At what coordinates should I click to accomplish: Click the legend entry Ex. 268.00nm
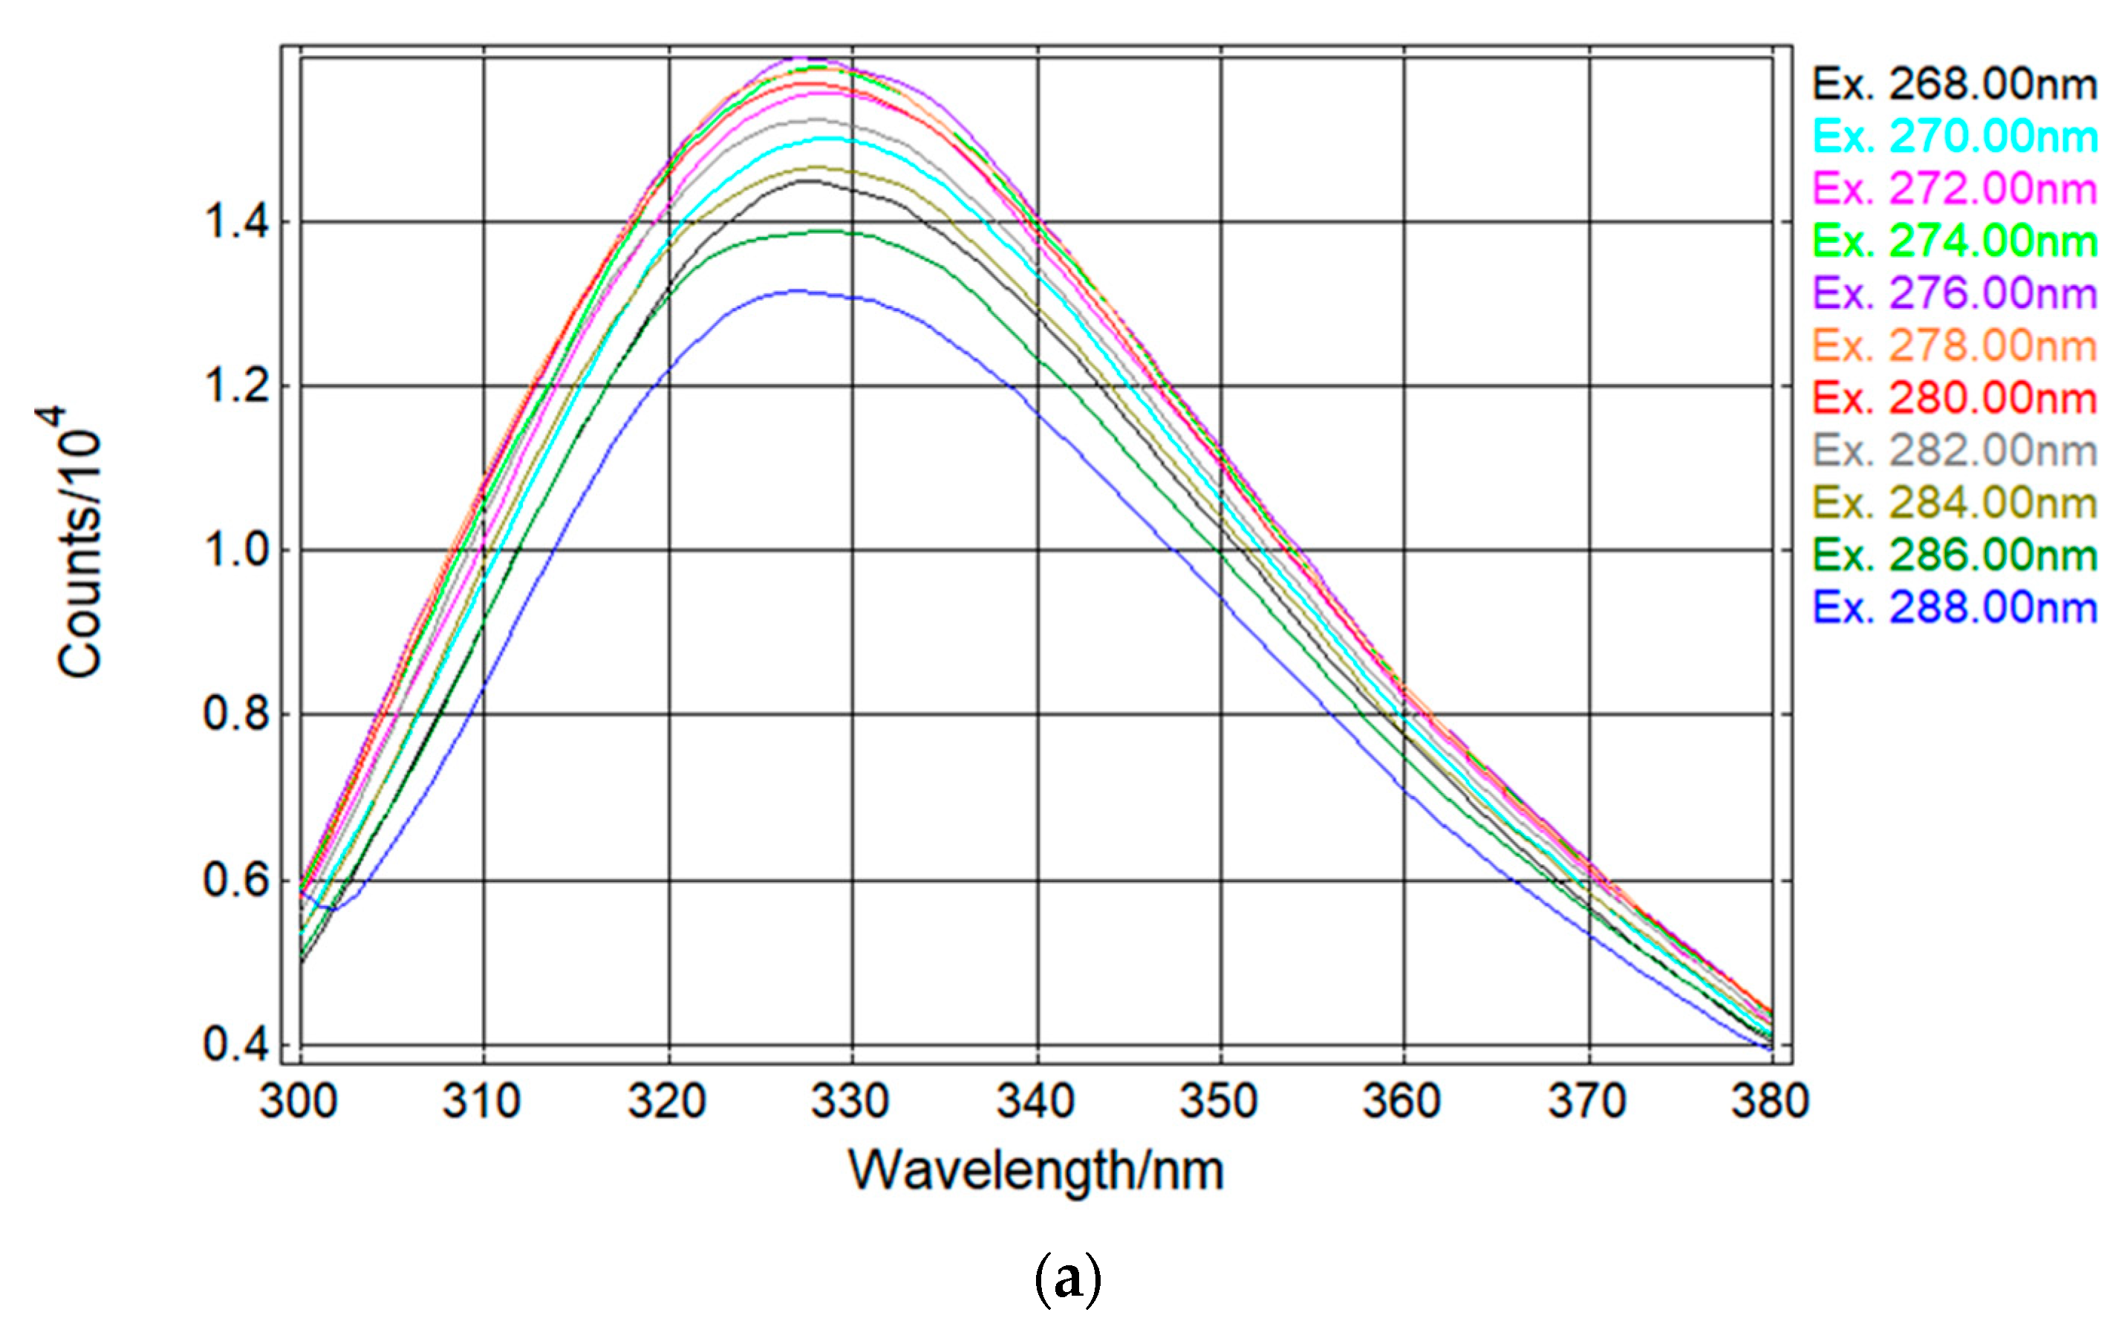[1955, 85]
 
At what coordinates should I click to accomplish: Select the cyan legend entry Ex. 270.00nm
[1955, 137]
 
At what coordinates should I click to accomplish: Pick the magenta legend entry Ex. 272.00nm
[1955, 189]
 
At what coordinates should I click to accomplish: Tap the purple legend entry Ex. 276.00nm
[1955, 293]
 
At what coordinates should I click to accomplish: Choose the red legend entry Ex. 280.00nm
[1955, 399]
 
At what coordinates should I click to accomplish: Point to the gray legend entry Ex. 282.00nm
[1955, 451]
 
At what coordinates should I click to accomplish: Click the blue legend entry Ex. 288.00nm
[1955, 608]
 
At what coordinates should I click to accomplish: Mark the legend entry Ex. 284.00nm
[1955, 503]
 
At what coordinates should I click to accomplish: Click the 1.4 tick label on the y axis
[236, 222]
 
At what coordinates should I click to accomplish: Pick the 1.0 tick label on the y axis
[236, 550]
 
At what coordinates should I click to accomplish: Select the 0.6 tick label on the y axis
[236, 881]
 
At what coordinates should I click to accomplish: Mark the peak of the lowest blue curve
[798, 290]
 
